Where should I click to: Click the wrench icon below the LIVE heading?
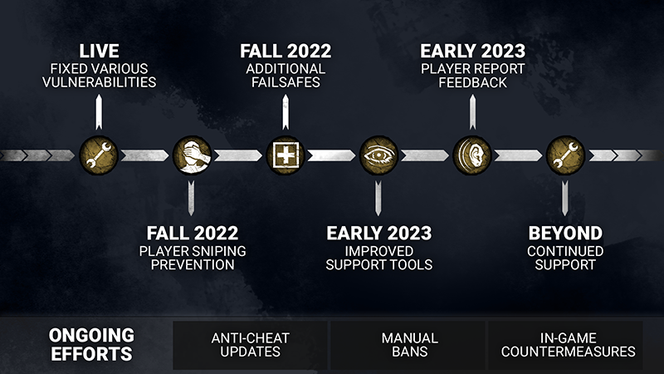click(98, 155)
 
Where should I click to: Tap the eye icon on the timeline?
click(378, 155)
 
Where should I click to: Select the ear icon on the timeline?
click(471, 155)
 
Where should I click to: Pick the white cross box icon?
click(286, 155)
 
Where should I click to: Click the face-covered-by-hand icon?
click(192, 155)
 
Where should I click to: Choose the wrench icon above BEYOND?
click(565, 155)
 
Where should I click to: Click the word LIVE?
click(99, 52)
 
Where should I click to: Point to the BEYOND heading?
click(565, 234)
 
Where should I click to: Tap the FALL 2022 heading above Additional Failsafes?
click(286, 52)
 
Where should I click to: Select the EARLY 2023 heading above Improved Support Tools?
click(379, 234)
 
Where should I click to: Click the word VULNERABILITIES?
click(99, 81)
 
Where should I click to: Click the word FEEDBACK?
click(472, 82)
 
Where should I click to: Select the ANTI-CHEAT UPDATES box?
click(251, 345)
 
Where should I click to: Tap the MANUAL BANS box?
click(408, 345)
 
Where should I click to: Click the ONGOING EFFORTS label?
click(91, 344)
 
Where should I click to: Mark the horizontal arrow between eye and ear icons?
click(425, 155)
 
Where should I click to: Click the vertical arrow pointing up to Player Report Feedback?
click(472, 112)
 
